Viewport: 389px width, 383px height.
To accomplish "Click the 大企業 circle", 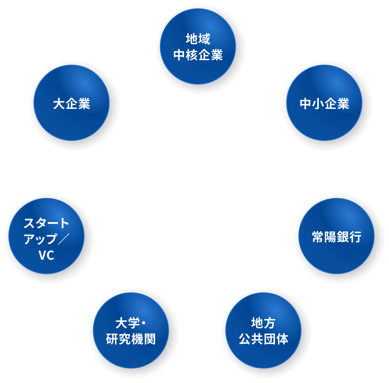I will click(x=72, y=103).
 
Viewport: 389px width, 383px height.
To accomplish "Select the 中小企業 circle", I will click(x=324, y=103).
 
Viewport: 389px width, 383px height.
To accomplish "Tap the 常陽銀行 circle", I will click(x=336, y=236).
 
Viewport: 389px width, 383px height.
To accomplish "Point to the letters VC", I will click(x=46, y=256).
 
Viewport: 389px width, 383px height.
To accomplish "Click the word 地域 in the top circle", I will click(x=198, y=39).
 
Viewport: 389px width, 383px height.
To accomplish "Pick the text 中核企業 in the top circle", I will click(x=198, y=56).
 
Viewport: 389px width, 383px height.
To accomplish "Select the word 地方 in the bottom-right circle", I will click(x=263, y=323).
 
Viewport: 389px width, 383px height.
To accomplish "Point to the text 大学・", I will click(x=131, y=323).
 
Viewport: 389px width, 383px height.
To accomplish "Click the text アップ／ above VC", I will click(x=46, y=239).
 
